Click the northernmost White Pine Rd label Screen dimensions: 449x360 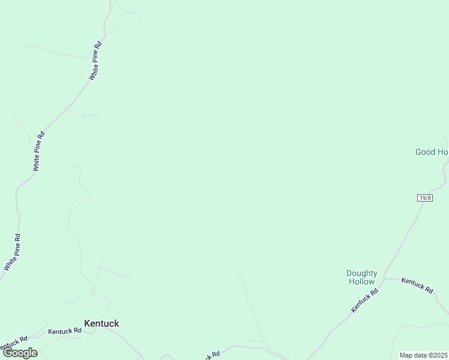[95, 60]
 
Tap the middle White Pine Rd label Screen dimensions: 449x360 [38, 151]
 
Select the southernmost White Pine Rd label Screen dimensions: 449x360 [13, 252]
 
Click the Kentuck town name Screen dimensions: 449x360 [101, 323]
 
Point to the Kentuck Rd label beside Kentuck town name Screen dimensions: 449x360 [65, 331]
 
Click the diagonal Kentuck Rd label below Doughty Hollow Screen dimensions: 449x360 [364, 301]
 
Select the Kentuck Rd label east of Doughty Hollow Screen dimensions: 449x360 [417, 285]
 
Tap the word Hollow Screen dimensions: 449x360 [361, 281]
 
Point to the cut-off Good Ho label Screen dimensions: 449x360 [432, 152]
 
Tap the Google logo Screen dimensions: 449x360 [20, 353]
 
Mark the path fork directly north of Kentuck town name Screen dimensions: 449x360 [93, 294]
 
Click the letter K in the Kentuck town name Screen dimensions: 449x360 [87, 323]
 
